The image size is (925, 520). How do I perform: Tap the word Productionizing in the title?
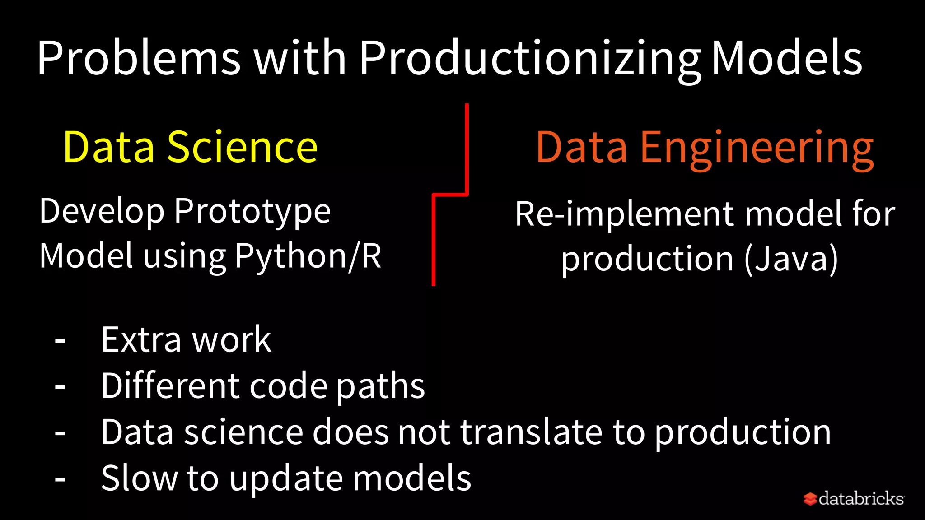[x=529, y=59]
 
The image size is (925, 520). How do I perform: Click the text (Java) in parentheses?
[x=791, y=259]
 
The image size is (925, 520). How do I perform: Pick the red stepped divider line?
[x=434, y=239]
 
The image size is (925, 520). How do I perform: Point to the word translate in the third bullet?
[x=531, y=432]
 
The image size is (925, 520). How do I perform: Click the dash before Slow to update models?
[x=60, y=479]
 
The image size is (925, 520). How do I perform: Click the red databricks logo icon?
[x=810, y=499]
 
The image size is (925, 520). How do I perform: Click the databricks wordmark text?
[x=861, y=498]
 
